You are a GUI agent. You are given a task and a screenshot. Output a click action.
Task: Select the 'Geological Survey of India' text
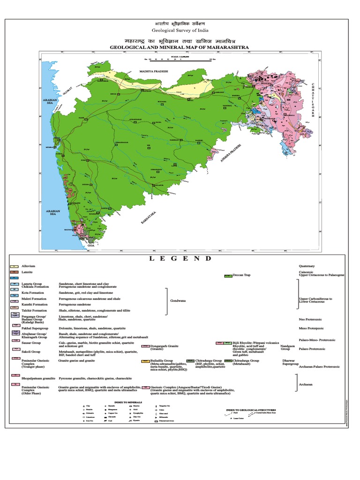coord(180,32)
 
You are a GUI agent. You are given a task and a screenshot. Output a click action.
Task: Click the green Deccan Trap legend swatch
coord(228,276)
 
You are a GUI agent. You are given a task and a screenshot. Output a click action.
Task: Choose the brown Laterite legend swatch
coord(13,272)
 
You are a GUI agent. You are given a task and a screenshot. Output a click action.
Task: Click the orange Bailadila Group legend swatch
coord(145,361)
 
